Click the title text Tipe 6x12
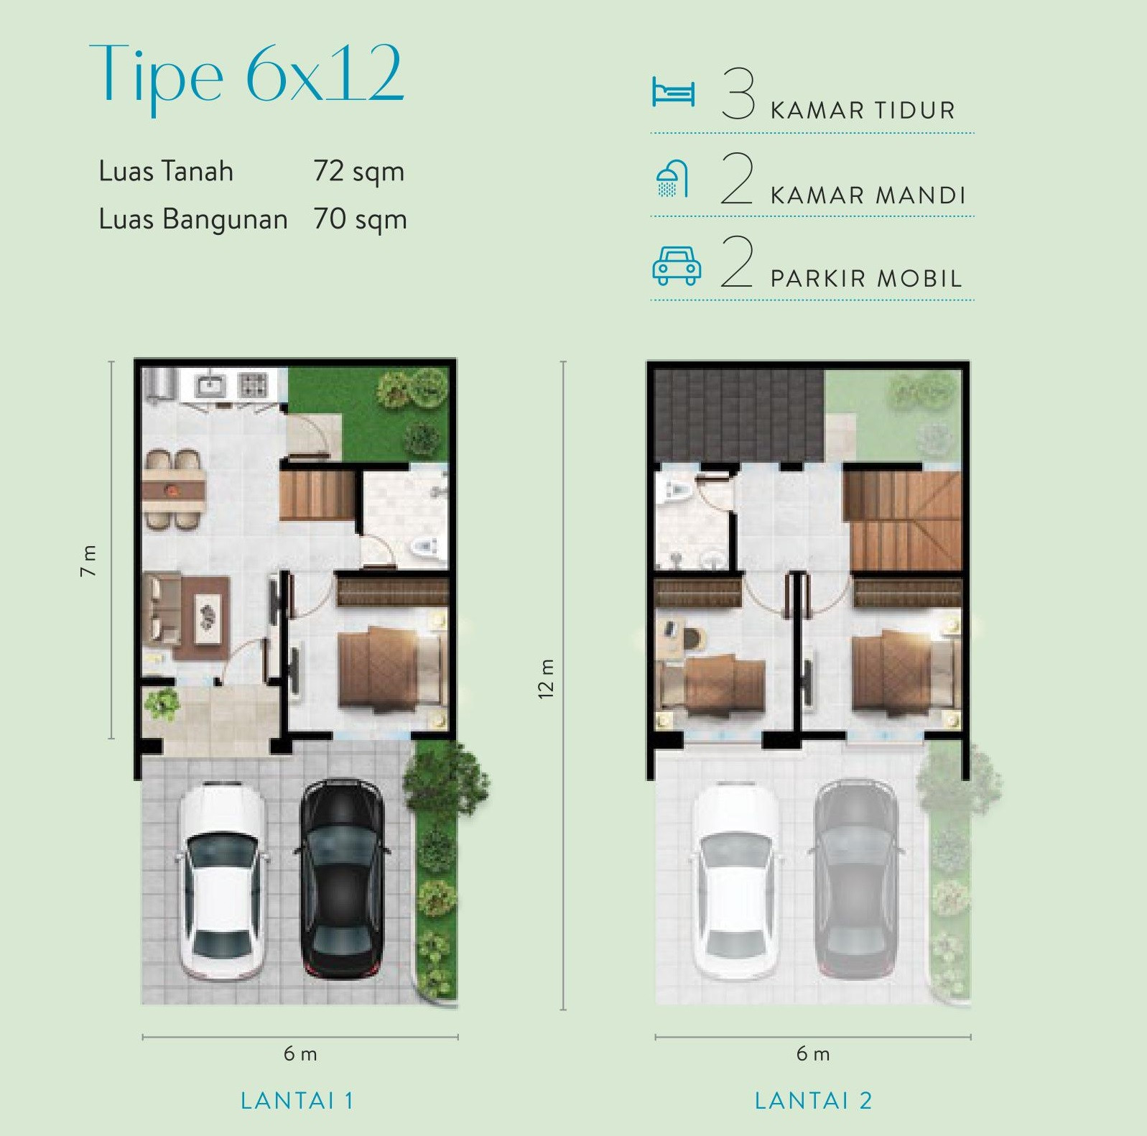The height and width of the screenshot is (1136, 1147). pyautogui.click(x=246, y=75)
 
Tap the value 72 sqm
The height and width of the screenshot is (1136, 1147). pyautogui.click(x=358, y=172)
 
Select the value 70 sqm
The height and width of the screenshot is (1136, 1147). pyautogui.click(x=360, y=219)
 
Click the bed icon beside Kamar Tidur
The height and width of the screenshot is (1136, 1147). pyautogui.click(x=673, y=93)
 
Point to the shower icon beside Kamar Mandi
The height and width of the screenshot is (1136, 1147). pyautogui.click(x=672, y=179)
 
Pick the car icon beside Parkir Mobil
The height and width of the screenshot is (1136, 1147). pyautogui.click(x=676, y=265)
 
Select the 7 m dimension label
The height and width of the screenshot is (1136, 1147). pyautogui.click(x=88, y=560)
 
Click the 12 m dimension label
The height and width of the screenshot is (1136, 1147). pyautogui.click(x=546, y=678)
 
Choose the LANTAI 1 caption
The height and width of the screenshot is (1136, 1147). pyautogui.click(x=297, y=1101)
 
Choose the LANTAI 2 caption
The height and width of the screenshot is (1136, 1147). pyautogui.click(x=813, y=1101)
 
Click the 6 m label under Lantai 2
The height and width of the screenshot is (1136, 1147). pyautogui.click(x=813, y=1054)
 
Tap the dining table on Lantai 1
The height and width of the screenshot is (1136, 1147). pyautogui.click(x=174, y=491)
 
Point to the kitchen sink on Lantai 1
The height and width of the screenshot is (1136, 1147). pyautogui.click(x=211, y=387)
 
